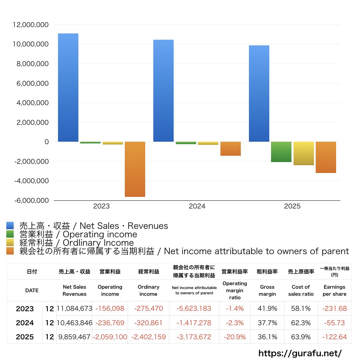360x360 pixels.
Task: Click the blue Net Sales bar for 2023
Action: [68, 88]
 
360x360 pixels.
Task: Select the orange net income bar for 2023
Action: [135, 169]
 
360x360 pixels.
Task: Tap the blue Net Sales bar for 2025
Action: [259, 94]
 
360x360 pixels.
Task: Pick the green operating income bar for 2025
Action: [281, 152]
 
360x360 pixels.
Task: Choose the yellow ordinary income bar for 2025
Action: [304, 153]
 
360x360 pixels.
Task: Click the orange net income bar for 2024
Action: [231, 149]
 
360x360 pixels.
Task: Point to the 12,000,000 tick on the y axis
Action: [30, 25]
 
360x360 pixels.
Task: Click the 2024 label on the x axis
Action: [197, 206]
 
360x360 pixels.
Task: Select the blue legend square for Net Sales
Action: [10, 226]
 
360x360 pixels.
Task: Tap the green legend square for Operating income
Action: [10, 234]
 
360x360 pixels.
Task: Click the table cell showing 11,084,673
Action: [74, 309]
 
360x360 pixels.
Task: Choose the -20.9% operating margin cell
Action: [234, 337]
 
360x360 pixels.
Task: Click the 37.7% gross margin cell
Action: [267, 323]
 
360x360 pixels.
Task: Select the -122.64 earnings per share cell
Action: [335, 337]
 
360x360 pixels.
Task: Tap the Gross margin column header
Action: [267, 290]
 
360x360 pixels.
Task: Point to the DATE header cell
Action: [32, 290]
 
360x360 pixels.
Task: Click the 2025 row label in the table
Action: [25, 337]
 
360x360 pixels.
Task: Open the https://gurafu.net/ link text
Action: [300, 353]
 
